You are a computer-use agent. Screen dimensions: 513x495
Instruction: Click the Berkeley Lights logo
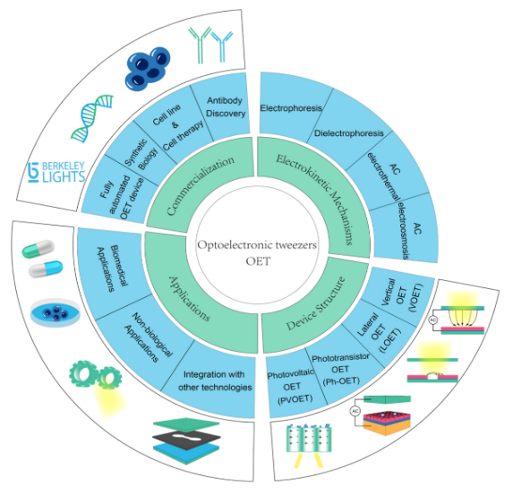(56, 172)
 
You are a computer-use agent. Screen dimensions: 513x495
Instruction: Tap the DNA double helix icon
(92, 118)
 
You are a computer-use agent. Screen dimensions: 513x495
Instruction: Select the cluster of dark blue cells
(148, 69)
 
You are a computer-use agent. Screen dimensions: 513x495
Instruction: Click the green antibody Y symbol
(200, 45)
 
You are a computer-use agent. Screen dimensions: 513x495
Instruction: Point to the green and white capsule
(38, 249)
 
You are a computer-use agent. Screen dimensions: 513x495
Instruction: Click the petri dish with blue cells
(55, 312)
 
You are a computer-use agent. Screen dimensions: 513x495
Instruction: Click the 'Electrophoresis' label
(291, 107)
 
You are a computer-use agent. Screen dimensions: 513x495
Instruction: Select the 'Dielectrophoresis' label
(349, 133)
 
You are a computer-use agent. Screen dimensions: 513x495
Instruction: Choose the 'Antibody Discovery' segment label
(226, 107)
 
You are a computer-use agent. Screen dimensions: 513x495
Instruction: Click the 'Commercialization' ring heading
(200, 184)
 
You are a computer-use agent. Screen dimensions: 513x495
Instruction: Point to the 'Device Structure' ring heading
(316, 303)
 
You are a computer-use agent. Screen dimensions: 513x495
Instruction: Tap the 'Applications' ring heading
(190, 298)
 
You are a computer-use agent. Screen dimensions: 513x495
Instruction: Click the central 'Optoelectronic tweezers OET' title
(258, 252)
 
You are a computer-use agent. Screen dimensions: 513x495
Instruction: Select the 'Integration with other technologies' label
(215, 380)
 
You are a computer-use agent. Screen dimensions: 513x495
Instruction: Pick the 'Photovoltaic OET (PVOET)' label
(291, 387)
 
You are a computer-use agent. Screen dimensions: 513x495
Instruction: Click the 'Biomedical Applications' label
(111, 269)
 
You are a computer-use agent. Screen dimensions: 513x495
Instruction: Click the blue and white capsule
(46, 269)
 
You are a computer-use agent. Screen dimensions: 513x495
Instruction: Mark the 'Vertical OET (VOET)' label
(402, 295)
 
